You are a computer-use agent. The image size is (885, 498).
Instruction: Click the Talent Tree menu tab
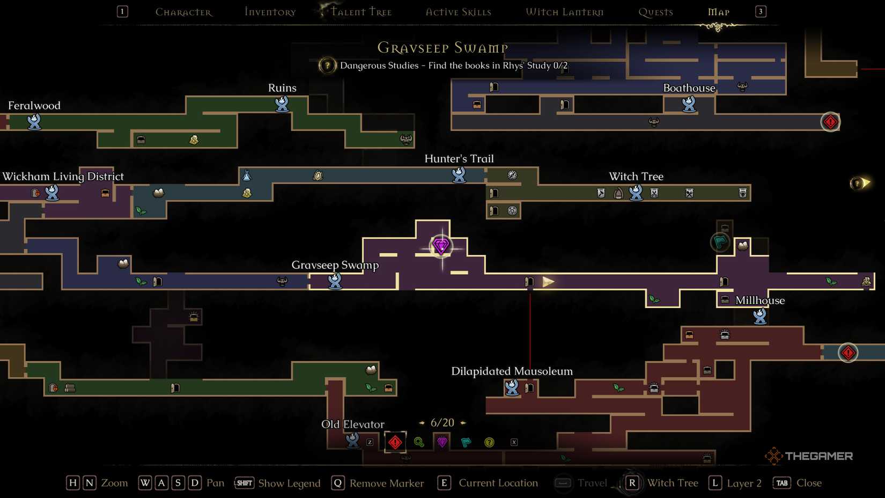(x=361, y=12)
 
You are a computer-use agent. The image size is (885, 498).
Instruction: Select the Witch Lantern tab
(x=565, y=12)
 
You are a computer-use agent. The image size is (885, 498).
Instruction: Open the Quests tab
(x=655, y=12)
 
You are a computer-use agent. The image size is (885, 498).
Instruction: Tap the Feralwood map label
(x=34, y=106)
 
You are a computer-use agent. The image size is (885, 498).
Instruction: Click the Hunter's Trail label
(x=459, y=158)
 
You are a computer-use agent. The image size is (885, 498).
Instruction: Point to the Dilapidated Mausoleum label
(x=512, y=371)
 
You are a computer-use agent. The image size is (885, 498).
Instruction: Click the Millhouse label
(x=760, y=301)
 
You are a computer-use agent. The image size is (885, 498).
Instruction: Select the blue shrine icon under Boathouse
(x=689, y=104)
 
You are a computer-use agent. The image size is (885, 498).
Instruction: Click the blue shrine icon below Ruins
(x=282, y=104)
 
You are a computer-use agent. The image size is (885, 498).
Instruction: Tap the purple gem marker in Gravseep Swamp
(x=441, y=246)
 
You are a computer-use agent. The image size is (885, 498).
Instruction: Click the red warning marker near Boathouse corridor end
(x=830, y=122)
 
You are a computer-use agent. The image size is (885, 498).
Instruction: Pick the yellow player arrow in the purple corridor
(x=548, y=282)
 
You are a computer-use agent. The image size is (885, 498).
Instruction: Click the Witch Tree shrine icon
(x=636, y=193)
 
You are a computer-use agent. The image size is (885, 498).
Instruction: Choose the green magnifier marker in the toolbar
(x=419, y=442)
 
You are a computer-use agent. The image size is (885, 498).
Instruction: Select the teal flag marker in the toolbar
(x=466, y=442)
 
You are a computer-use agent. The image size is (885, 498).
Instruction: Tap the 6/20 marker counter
(x=442, y=423)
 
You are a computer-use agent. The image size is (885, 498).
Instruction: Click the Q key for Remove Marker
(x=338, y=483)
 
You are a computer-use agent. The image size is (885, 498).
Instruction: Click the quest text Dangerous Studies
(x=379, y=65)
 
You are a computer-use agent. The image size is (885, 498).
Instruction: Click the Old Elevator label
(x=353, y=424)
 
